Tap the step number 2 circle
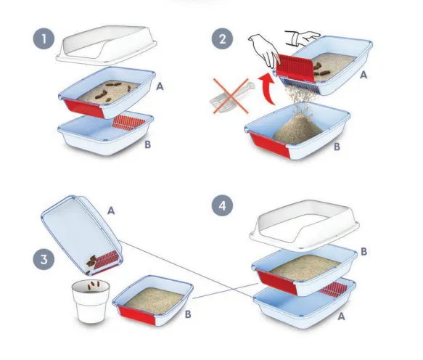click(222, 38)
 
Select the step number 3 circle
click(44, 259)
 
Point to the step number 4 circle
click(223, 205)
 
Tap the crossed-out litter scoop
click(231, 97)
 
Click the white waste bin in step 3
click(91, 301)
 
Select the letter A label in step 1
click(160, 86)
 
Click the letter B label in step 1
click(147, 144)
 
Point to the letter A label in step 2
click(364, 75)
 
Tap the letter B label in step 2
click(337, 147)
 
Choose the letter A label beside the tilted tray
click(111, 210)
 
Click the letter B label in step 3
click(188, 314)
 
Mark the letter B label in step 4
click(364, 252)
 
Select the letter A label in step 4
click(341, 316)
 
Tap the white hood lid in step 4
click(304, 224)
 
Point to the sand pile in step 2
click(297, 128)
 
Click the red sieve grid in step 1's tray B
click(128, 123)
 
